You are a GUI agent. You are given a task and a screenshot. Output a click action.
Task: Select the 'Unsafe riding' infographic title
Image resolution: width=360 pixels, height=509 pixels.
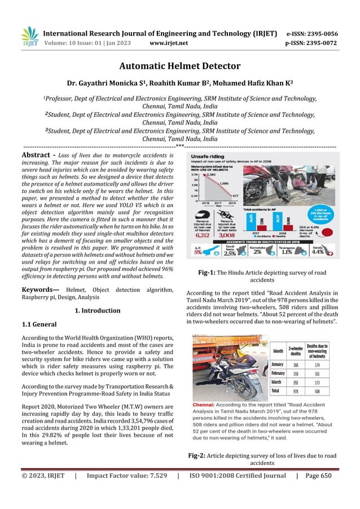click(208, 153)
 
